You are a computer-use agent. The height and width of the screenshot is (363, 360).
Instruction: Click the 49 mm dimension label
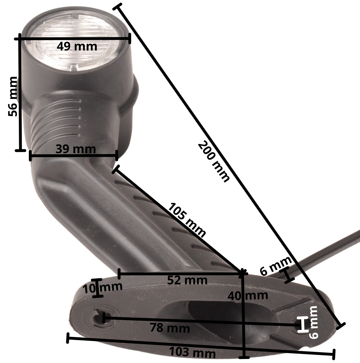[x=77, y=46]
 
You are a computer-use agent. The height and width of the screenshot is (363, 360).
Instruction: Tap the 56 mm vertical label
[x=13, y=96]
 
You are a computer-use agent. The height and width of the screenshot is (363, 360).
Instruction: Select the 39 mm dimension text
[x=76, y=149]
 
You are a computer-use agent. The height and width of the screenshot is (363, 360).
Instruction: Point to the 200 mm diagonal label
[x=214, y=162]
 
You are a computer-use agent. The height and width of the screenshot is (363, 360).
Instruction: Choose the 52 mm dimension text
[x=187, y=280]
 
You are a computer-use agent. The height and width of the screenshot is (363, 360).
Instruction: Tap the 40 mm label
[x=248, y=296]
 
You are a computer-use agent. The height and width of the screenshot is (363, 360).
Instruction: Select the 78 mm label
[x=170, y=328]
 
